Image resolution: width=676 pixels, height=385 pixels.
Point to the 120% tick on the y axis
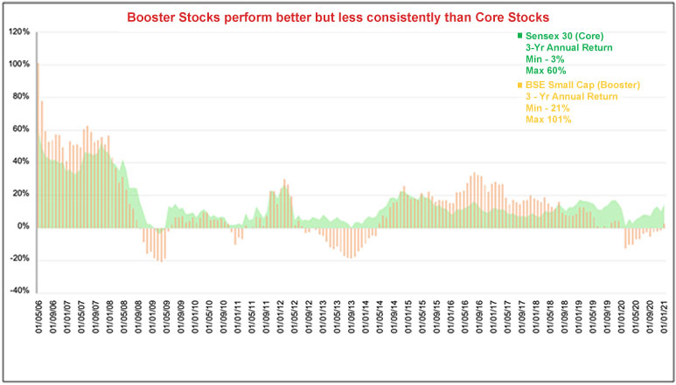pos(19,32)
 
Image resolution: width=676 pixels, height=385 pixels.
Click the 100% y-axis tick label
pos(19,65)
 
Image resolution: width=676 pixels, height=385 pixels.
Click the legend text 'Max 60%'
pos(546,70)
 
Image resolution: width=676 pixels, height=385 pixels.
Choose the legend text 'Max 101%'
pos(549,120)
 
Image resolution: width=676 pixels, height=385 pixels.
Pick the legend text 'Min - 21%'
pos(549,108)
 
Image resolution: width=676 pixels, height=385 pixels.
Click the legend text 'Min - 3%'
pos(545,58)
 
